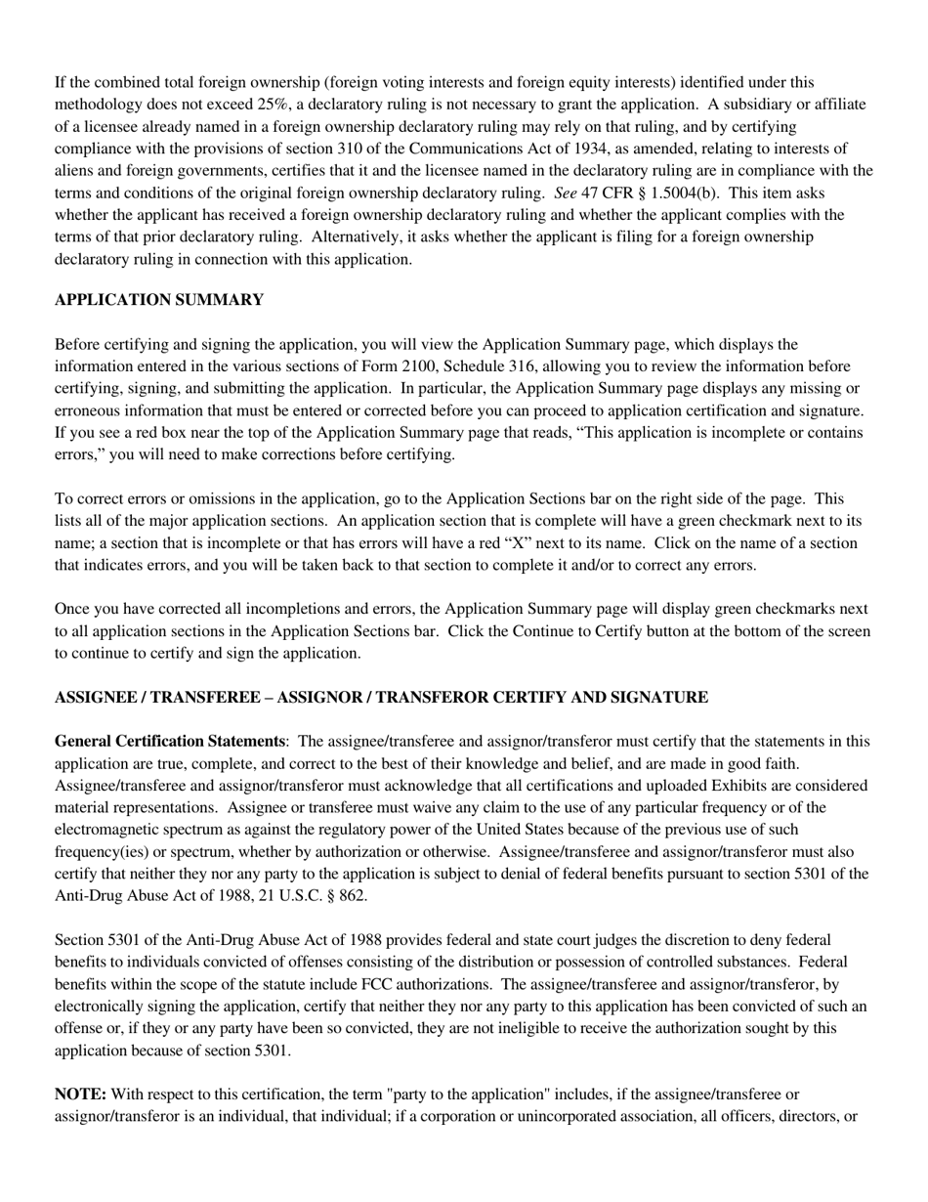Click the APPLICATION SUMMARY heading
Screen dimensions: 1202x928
158,300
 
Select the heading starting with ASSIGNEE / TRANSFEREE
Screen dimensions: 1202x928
381,697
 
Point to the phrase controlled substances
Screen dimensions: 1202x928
711,963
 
